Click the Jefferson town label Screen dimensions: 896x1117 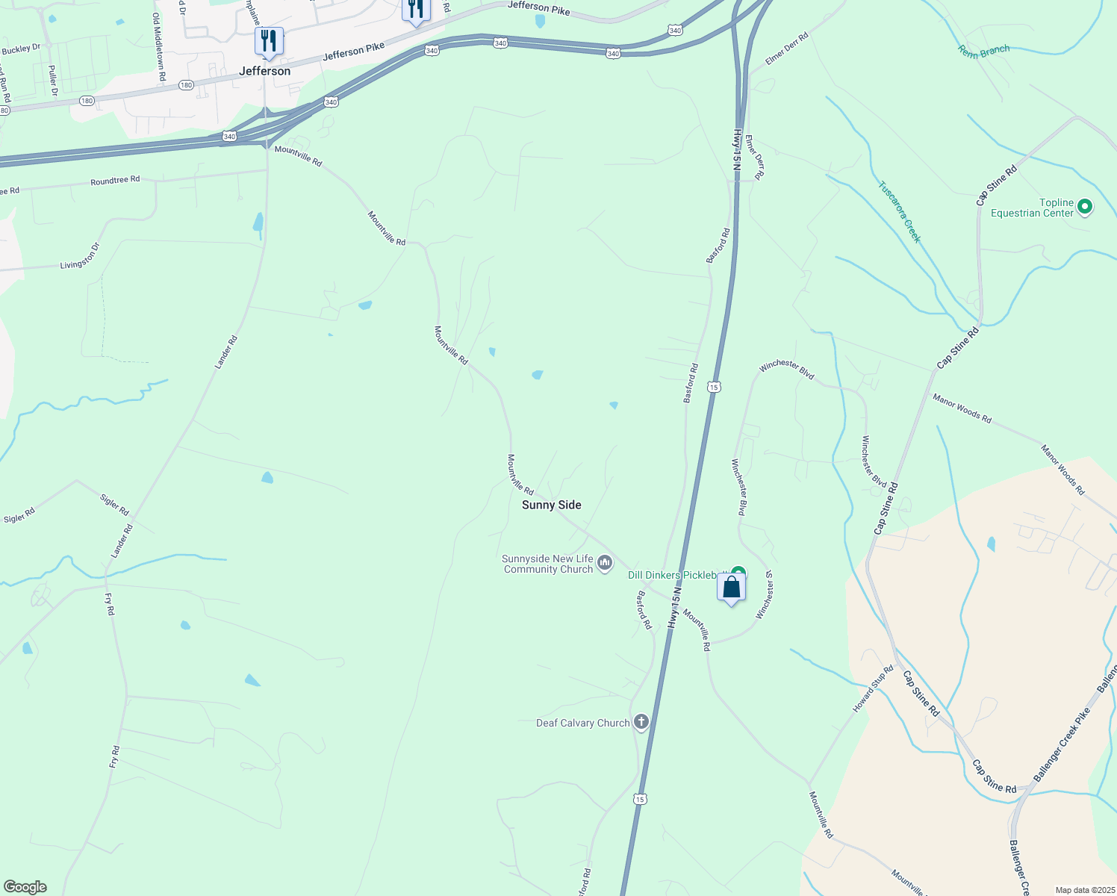coord(264,71)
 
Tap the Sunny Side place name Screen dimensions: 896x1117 coord(551,505)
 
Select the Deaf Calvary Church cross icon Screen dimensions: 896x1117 coord(641,722)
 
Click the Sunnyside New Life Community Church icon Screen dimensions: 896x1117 coord(605,563)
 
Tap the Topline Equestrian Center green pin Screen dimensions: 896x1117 coord(1086,207)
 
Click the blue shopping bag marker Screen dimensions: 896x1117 coord(732,587)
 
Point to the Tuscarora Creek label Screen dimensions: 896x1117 coord(899,212)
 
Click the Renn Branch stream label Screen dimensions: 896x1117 coord(983,52)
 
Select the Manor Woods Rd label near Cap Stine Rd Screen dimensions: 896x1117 coord(962,409)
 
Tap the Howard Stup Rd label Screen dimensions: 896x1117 coord(873,688)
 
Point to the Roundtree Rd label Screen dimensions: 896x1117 coord(115,181)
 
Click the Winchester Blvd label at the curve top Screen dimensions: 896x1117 coord(786,369)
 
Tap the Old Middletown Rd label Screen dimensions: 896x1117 coord(158,46)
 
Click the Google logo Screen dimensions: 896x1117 coord(25,887)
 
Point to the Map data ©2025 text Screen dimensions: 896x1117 coord(1083,890)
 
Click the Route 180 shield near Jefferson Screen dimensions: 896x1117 coord(186,85)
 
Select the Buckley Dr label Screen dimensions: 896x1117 coord(21,49)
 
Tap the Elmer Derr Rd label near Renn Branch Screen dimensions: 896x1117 coord(787,49)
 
